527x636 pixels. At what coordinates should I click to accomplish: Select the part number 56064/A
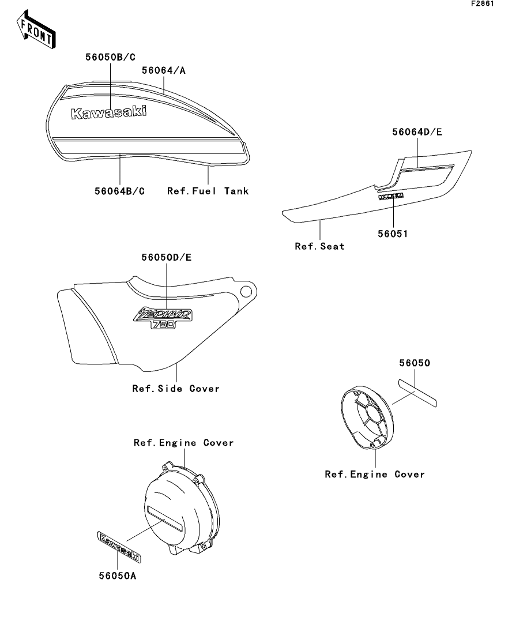164,70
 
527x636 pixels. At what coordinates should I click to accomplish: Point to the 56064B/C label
120,190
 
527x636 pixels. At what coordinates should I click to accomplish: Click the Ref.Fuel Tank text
208,190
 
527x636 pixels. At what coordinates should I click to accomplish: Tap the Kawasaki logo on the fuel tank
108,112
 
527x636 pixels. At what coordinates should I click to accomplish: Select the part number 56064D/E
417,132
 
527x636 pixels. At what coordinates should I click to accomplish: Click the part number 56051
394,235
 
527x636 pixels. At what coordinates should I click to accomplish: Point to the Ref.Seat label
320,246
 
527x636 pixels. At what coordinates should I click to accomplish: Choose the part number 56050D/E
167,257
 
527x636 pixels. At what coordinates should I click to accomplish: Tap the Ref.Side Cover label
176,389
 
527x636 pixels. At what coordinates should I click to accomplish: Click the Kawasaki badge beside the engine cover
120,547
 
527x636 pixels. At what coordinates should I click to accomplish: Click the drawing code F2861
483,4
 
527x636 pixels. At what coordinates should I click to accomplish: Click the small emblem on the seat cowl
391,197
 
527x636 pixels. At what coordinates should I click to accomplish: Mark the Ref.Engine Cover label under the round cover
375,475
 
